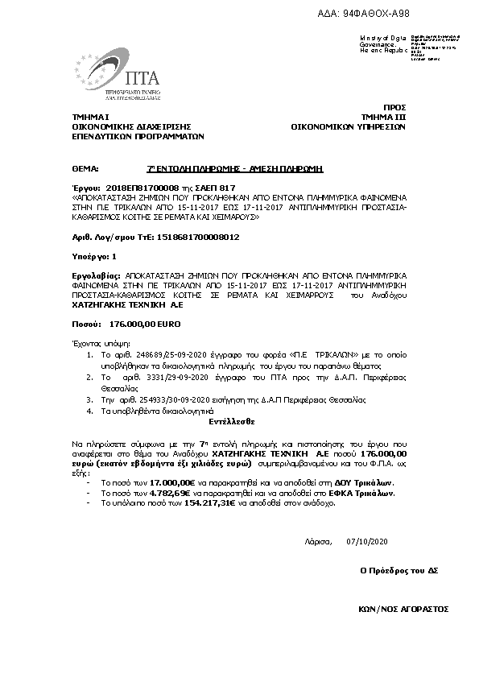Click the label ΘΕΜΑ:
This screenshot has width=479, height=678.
click(x=85, y=170)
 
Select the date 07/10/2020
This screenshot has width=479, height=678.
click(x=367, y=540)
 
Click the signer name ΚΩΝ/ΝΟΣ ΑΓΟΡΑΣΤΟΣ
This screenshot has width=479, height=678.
click(x=403, y=609)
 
